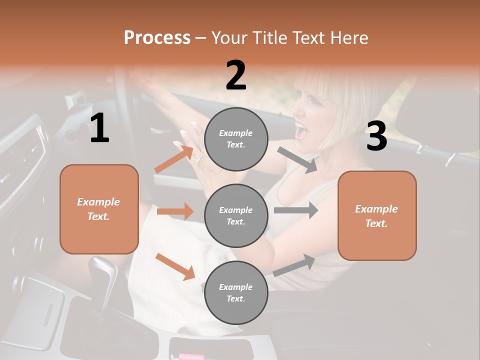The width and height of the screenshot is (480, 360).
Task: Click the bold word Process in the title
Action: pyautogui.click(x=157, y=38)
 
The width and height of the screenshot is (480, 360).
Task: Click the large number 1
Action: pyautogui.click(x=99, y=128)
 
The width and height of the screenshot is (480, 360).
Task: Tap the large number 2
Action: pyautogui.click(x=236, y=75)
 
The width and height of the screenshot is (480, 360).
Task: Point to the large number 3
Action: pyautogui.click(x=376, y=136)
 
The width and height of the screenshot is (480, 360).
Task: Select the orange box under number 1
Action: pyautogui.click(x=99, y=209)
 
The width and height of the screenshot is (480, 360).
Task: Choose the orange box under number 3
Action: pyautogui.click(x=377, y=215)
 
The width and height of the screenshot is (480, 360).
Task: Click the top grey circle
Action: pyautogui.click(x=236, y=139)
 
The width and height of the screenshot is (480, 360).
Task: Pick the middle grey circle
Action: pyautogui.click(x=236, y=215)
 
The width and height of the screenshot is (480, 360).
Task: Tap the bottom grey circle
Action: pyautogui.click(x=236, y=292)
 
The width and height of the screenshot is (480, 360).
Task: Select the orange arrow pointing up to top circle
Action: pyautogui.click(x=173, y=159)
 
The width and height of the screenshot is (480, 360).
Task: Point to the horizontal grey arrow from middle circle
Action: pyautogui.click(x=295, y=210)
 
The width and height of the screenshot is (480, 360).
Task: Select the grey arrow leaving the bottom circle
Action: pyautogui.click(x=294, y=265)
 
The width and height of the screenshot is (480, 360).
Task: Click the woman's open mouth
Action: pyautogui.click(x=301, y=131)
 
